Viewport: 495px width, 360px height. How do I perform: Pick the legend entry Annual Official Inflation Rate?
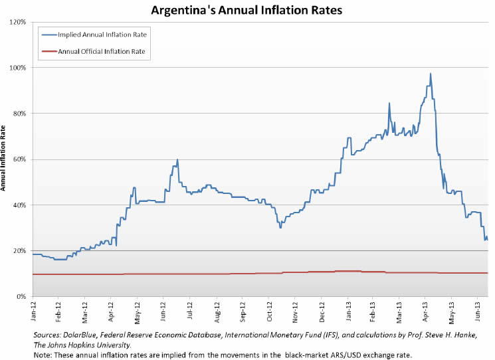(x=102, y=50)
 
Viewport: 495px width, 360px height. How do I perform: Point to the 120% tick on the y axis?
(x=17, y=22)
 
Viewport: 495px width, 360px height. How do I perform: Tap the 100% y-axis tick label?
(x=17, y=68)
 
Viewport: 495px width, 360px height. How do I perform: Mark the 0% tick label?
(x=21, y=296)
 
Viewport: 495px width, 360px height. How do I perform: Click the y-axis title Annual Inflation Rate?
(x=5, y=159)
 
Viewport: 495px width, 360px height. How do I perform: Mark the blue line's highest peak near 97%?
(x=431, y=74)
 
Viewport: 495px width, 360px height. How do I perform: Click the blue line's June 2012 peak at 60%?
(x=177, y=160)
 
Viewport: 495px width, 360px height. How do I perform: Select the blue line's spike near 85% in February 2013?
(x=389, y=103)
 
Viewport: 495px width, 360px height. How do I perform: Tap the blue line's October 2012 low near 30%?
(x=280, y=228)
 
